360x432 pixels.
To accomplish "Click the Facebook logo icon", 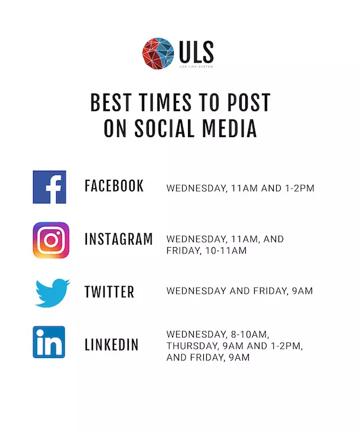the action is (49, 187).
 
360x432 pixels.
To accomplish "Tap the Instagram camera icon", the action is (51, 241).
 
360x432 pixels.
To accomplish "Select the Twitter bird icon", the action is (53, 293).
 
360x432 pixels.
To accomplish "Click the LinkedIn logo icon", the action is (49, 342).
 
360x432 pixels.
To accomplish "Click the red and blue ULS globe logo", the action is (158, 53).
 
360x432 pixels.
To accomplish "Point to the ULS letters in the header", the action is (196, 52).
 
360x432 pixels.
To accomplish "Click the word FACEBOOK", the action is (114, 186).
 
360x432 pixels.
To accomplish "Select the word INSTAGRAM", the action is (119, 239).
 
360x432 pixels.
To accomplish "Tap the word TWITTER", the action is (109, 292).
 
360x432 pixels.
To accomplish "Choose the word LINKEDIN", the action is (111, 345).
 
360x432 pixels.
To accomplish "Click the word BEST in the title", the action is (111, 102).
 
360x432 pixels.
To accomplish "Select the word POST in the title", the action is (249, 102).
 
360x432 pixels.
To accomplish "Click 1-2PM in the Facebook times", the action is (300, 188).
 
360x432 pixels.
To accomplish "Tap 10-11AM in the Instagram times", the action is (226, 251).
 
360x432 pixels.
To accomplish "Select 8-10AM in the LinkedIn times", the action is (249, 334).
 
